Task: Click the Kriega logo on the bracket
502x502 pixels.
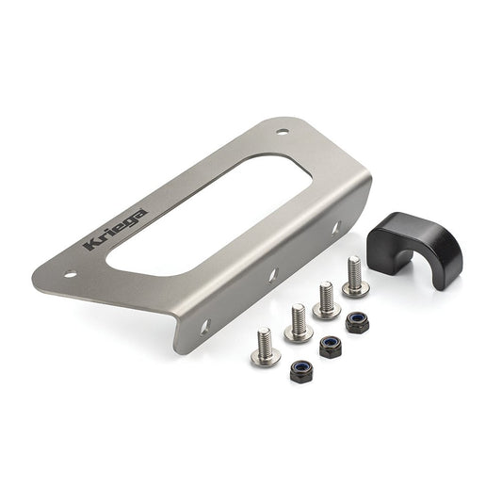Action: click(115, 230)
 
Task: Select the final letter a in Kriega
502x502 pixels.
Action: click(138, 214)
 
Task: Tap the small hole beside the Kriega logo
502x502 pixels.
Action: click(69, 274)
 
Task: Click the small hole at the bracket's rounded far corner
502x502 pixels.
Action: click(283, 132)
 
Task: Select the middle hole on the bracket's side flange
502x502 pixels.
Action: click(272, 275)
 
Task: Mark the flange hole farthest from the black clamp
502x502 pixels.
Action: click(205, 327)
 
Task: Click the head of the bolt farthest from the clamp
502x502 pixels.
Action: click(264, 355)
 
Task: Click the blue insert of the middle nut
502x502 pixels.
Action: click(331, 344)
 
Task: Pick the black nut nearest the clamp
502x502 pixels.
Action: click(356, 322)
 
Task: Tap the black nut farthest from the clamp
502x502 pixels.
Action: click(300, 369)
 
